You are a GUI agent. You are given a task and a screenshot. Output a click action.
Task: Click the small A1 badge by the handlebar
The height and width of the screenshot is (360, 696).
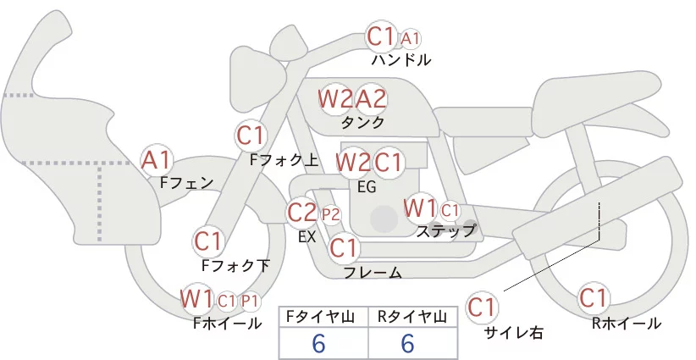point(411,38)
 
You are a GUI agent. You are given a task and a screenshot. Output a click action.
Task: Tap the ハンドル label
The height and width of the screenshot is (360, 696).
point(401,60)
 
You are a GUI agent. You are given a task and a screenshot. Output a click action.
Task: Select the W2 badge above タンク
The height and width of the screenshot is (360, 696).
point(335,99)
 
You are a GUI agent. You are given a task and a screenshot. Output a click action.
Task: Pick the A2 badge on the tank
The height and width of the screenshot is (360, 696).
point(371,99)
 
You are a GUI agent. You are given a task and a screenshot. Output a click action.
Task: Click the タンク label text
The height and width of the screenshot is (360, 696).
point(362,122)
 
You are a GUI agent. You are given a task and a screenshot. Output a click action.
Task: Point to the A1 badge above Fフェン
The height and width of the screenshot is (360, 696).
point(157,159)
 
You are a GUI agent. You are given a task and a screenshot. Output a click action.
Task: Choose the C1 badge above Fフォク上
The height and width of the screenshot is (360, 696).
point(251,135)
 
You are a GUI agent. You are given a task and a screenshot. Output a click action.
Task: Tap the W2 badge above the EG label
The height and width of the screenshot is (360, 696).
point(352,162)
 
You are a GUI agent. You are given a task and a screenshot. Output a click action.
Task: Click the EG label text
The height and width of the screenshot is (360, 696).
point(367,186)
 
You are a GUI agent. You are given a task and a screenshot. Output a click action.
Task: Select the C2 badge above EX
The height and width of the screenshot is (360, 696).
point(302,212)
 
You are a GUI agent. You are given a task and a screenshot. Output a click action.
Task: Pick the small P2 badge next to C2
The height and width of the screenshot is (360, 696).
point(329,213)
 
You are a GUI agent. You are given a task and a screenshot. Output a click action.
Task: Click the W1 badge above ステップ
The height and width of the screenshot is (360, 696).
point(420,208)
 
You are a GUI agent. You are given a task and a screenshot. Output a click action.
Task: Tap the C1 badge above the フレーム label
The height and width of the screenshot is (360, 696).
point(344,249)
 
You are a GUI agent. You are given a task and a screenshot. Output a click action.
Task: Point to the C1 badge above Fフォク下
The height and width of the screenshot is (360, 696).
point(208,241)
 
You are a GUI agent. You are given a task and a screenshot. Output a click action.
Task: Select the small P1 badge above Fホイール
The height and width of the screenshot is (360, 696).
point(250,301)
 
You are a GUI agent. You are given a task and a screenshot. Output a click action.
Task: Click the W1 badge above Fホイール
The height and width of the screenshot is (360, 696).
point(196,299)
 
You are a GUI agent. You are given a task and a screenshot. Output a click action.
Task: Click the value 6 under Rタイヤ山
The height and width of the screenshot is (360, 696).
point(407,343)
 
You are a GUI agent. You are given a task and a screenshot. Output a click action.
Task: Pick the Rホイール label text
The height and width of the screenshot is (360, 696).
point(627,323)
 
